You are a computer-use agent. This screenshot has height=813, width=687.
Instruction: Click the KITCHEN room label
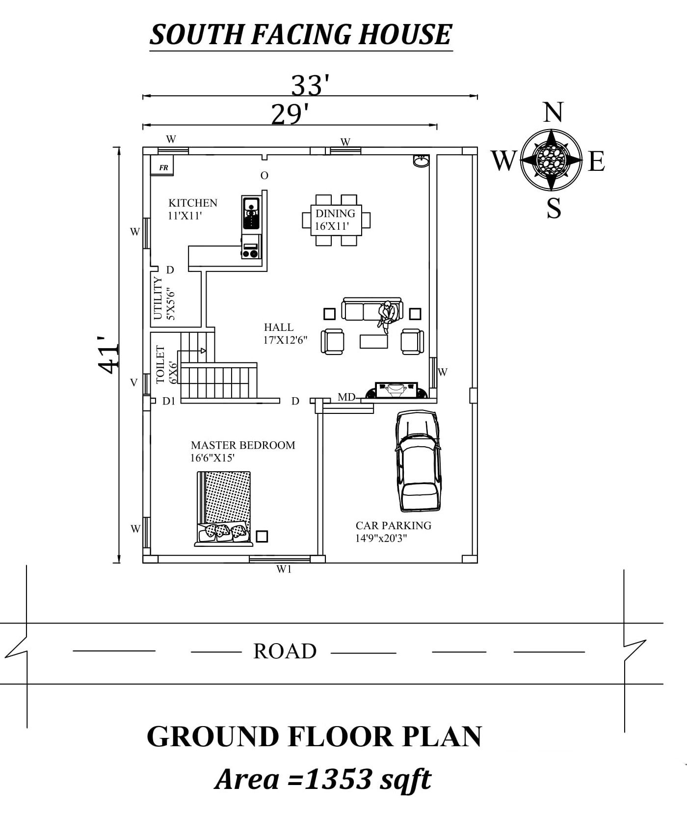point(193,203)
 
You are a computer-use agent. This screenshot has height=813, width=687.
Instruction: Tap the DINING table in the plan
point(336,219)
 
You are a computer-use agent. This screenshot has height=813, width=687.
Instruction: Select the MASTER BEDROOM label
point(243,445)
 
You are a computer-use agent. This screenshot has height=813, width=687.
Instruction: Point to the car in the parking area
point(418,461)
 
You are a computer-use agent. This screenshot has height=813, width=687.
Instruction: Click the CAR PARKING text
point(394,525)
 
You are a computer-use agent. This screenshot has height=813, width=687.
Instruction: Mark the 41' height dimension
point(108,354)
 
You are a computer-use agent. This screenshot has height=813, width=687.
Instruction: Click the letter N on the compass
point(553,112)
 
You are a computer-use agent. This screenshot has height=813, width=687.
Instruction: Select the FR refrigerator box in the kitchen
point(163,167)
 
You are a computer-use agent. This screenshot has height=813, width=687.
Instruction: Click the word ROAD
point(285,651)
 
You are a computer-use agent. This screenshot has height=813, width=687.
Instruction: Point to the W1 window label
point(284,569)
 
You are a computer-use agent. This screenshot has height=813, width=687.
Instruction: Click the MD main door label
point(346,397)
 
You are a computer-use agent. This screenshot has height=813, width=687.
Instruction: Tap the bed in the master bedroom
point(224,509)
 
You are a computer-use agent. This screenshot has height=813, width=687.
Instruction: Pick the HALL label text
point(279,327)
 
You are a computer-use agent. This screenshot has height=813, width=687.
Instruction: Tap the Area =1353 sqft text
point(323,779)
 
